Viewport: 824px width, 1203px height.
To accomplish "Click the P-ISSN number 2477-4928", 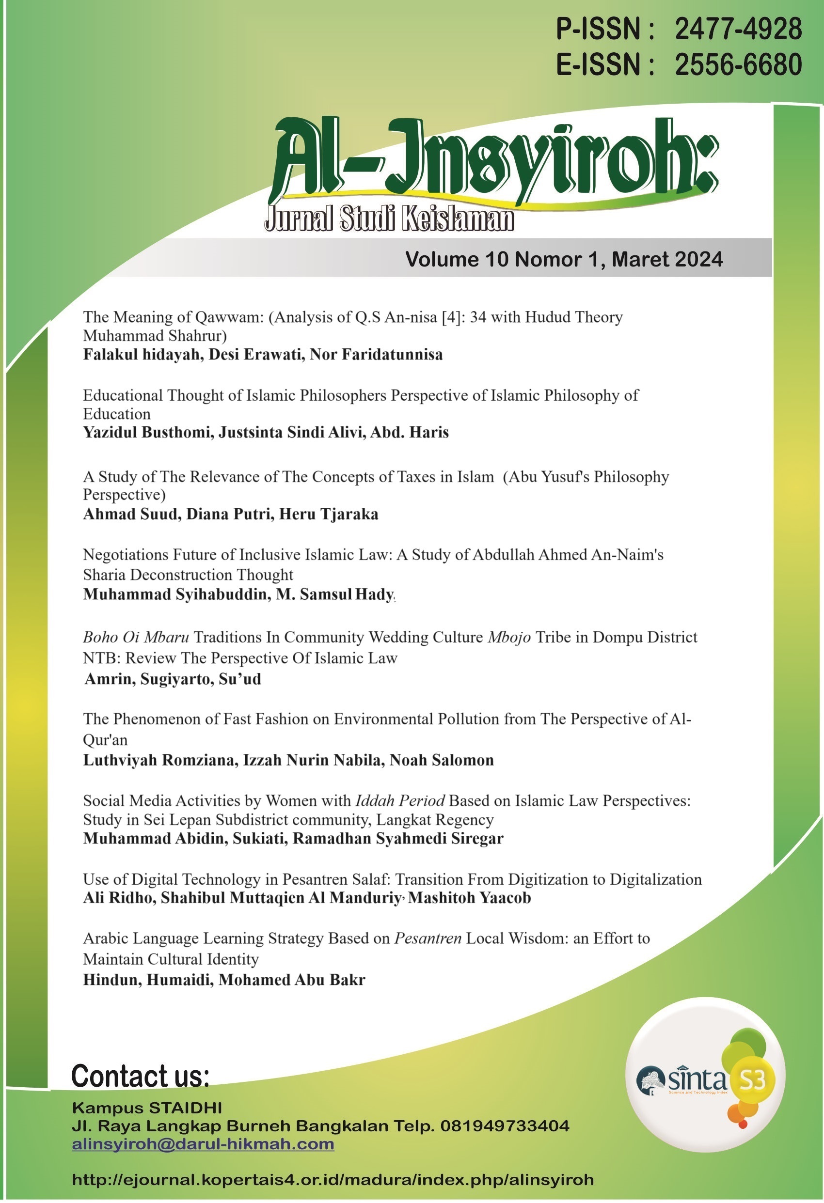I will [738, 29].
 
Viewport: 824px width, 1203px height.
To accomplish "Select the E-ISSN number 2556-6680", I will [738, 65].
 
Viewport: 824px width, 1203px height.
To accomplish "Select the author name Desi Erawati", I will [256, 355].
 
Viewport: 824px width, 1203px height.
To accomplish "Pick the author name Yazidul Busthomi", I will [147, 432].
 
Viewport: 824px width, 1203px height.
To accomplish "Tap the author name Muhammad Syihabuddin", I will [175, 594].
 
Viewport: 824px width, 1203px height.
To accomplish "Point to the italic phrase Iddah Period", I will [399, 801].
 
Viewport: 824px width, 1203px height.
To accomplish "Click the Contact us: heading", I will [140, 1076].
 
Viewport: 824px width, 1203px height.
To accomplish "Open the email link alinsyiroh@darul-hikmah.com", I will [203, 1143].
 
